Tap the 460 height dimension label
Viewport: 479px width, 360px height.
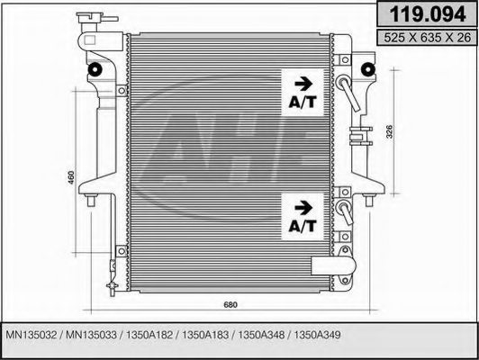70,179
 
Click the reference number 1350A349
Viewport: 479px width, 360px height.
316,334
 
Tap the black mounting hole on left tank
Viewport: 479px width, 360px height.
93,71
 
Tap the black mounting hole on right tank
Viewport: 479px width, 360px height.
370,70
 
